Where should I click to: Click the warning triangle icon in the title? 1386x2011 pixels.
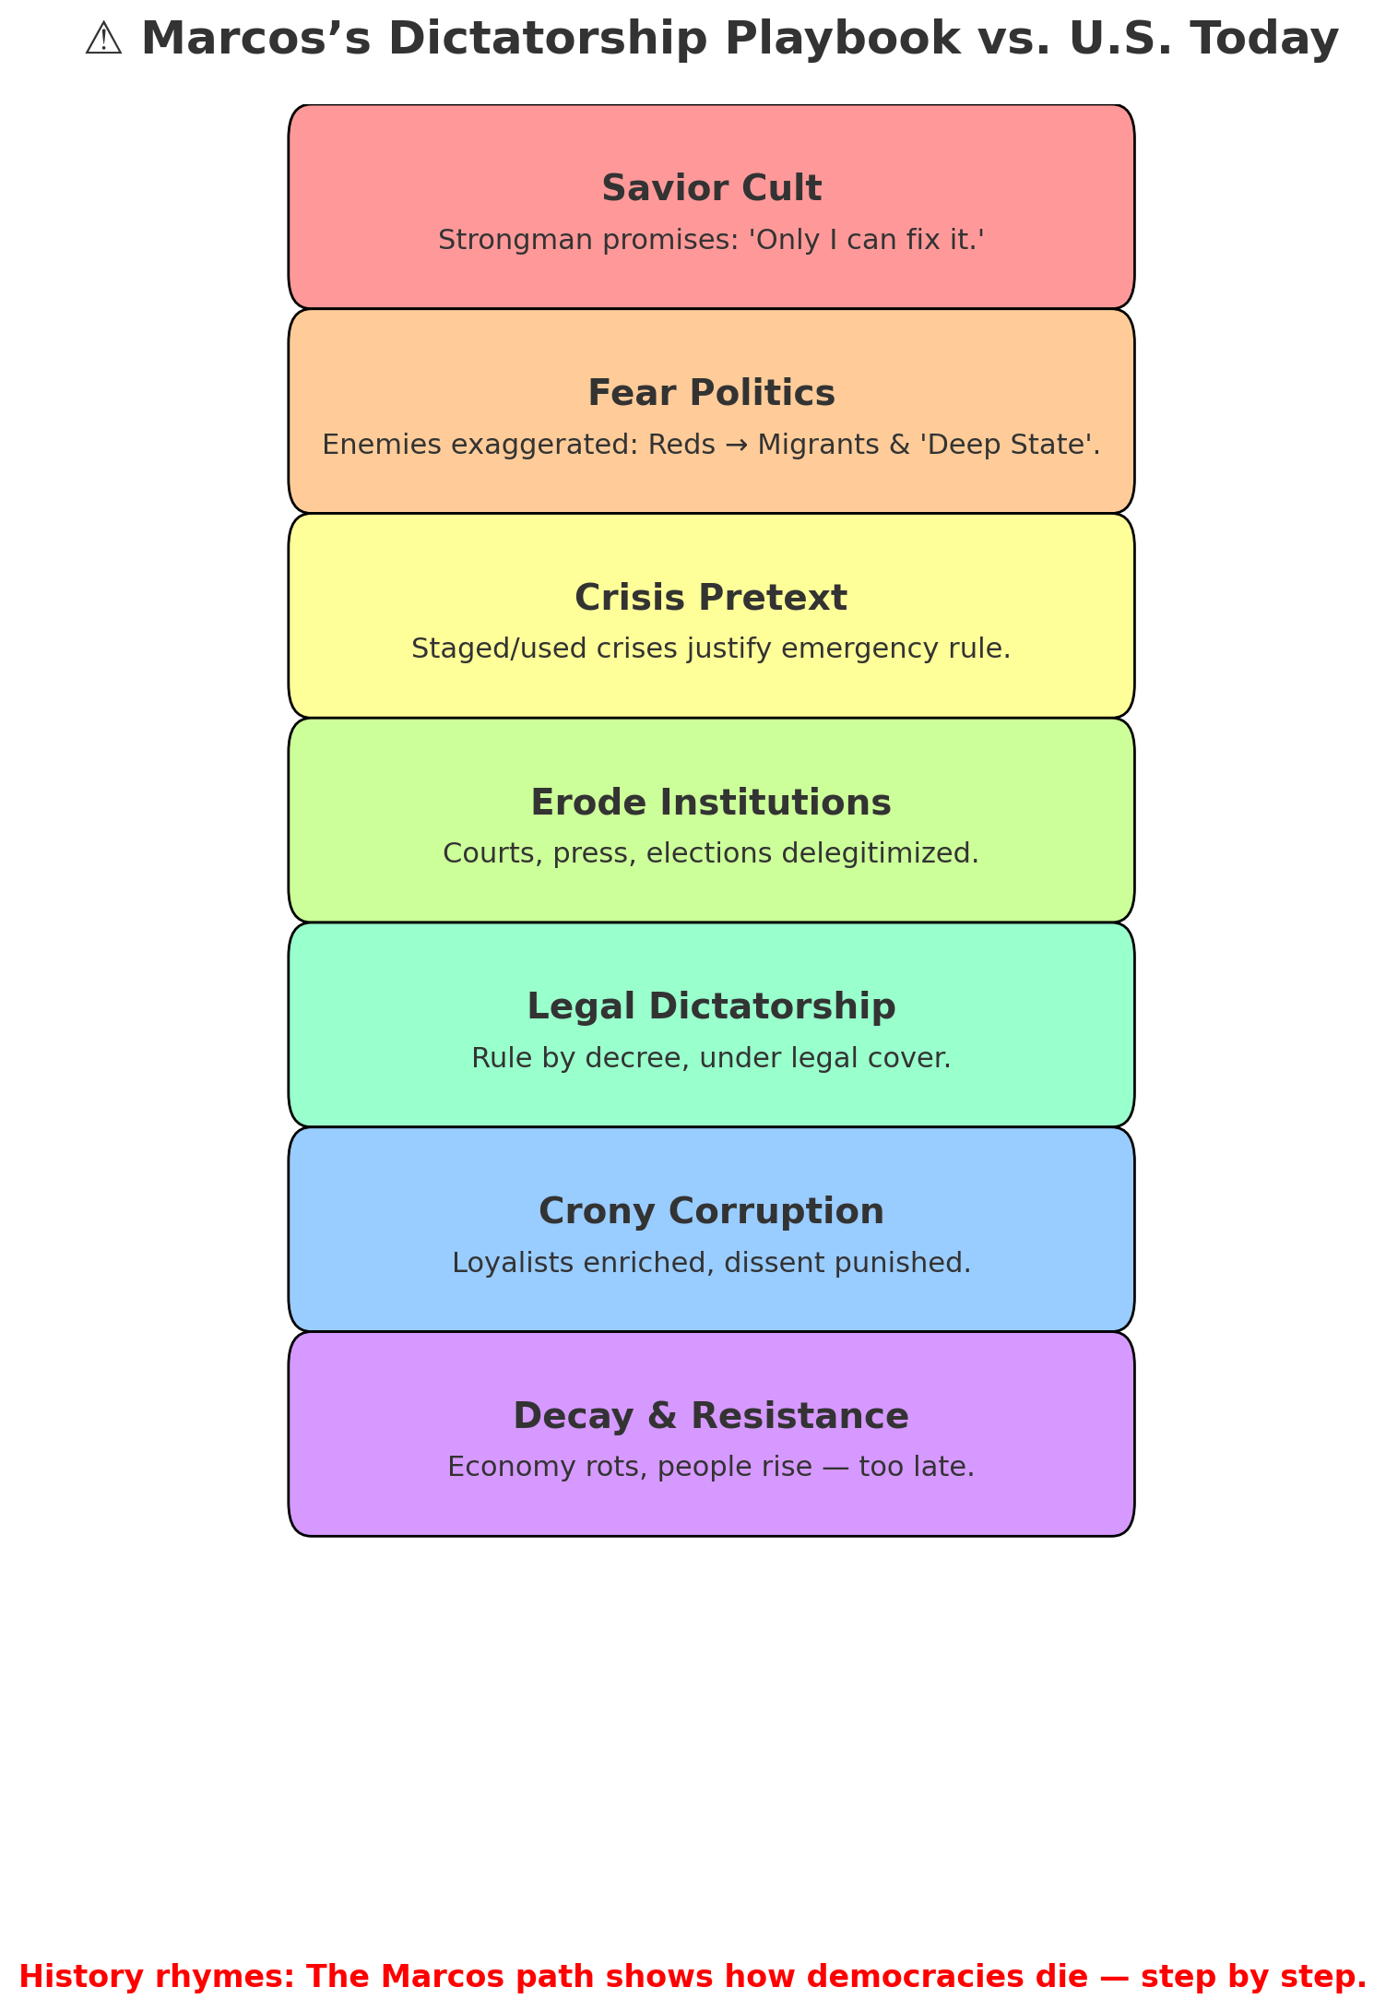click(x=103, y=40)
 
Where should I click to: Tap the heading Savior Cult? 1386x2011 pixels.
click(x=711, y=188)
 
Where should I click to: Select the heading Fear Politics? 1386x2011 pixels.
click(x=711, y=393)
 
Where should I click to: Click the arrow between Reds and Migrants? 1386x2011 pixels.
click(x=737, y=445)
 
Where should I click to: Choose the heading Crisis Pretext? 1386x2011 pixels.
click(x=711, y=598)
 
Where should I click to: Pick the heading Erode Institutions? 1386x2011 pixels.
click(x=711, y=803)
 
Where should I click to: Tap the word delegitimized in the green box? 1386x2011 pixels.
click(x=881, y=853)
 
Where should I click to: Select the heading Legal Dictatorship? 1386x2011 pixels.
click(x=711, y=1006)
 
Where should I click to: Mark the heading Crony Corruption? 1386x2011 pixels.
click(x=711, y=1211)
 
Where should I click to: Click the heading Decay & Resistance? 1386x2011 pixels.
click(x=711, y=1416)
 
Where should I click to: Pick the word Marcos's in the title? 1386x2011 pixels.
click(x=256, y=40)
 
